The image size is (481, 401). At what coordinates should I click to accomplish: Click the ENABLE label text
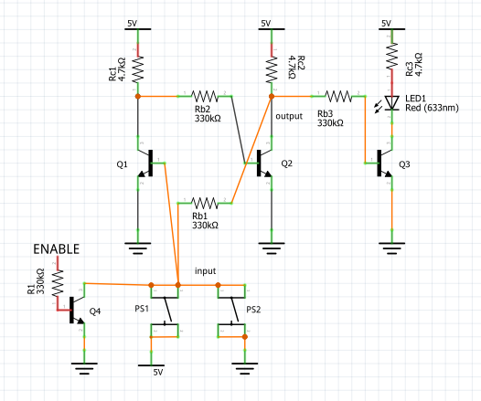[x=57, y=248]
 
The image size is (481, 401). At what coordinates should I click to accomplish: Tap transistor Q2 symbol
[x=263, y=164]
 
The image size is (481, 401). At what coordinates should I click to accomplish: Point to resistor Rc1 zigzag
[x=138, y=67]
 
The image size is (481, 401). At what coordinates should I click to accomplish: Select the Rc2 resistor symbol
[x=271, y=67]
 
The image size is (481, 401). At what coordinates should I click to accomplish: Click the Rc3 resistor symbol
[x=391, y=58]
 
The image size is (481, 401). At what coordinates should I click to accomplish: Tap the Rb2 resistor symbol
[x=205, y=94]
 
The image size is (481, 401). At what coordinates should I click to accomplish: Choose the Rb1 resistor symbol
[x=205, y=201]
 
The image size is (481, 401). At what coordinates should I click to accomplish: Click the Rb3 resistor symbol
[x=337, y=94]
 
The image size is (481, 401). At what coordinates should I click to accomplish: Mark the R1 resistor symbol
[x=59, y=284]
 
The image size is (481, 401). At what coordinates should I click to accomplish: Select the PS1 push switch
[x=165, y=313]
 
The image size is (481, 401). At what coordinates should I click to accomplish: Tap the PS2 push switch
[x=230, y=313]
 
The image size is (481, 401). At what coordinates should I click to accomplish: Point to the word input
[x=205, y=271]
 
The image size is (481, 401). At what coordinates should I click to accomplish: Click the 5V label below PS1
[x=156, y=373]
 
